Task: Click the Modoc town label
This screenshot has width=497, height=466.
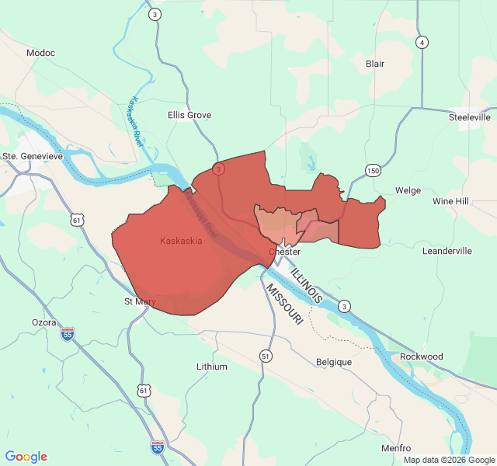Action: point(40,53)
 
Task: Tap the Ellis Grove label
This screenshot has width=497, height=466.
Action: point(189,115)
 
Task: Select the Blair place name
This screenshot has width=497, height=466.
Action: point(375,64)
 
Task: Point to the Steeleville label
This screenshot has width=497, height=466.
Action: point(470,117)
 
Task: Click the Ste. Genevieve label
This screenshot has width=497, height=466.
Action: point(33,156)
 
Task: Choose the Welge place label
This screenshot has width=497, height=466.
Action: point(408,190)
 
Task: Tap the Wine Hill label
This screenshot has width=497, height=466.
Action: point(451,201)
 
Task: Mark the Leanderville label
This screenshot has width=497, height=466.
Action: point(447,251)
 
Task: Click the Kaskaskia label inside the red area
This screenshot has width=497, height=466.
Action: point(181,241)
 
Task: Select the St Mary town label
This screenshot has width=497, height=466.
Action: point(140,301)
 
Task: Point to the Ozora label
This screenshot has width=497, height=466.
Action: point(43,322)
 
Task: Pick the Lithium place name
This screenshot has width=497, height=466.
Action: point(212,367)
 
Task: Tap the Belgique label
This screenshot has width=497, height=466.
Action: point(334,362)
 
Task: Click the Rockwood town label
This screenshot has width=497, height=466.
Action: point(421,356)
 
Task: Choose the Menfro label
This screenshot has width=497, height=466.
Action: point(396,448)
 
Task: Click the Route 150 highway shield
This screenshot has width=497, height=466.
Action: point(374,171)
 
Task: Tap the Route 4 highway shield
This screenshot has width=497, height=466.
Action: point(422,42)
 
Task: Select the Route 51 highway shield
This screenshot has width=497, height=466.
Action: point(266,356)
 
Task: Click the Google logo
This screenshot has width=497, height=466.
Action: point(26,457)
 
